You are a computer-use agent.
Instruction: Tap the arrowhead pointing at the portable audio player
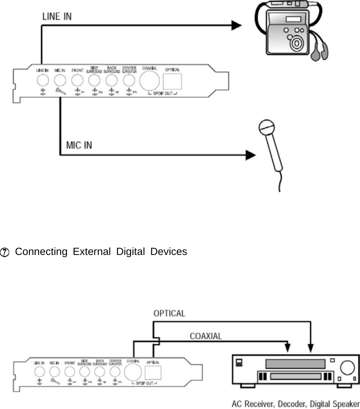(236, 26)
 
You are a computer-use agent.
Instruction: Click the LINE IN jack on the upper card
(42, 79)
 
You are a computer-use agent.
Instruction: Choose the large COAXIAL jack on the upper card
(149, 80)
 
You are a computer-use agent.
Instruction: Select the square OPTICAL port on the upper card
(173, 80)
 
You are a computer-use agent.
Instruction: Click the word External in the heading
(91, 252)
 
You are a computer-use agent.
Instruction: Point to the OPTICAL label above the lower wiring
(170, 313)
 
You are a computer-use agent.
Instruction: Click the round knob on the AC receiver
(346, 368)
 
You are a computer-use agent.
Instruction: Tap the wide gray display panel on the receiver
(295, 364)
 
